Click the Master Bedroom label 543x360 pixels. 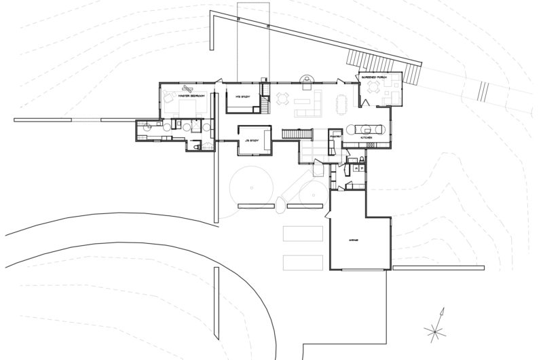[x=192, y=96]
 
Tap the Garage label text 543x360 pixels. [x=353, y=240]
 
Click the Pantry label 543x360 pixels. [x=335, y=137]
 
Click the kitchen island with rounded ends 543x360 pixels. [x=368, y=127]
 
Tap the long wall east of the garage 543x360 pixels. [x=438, y=268]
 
